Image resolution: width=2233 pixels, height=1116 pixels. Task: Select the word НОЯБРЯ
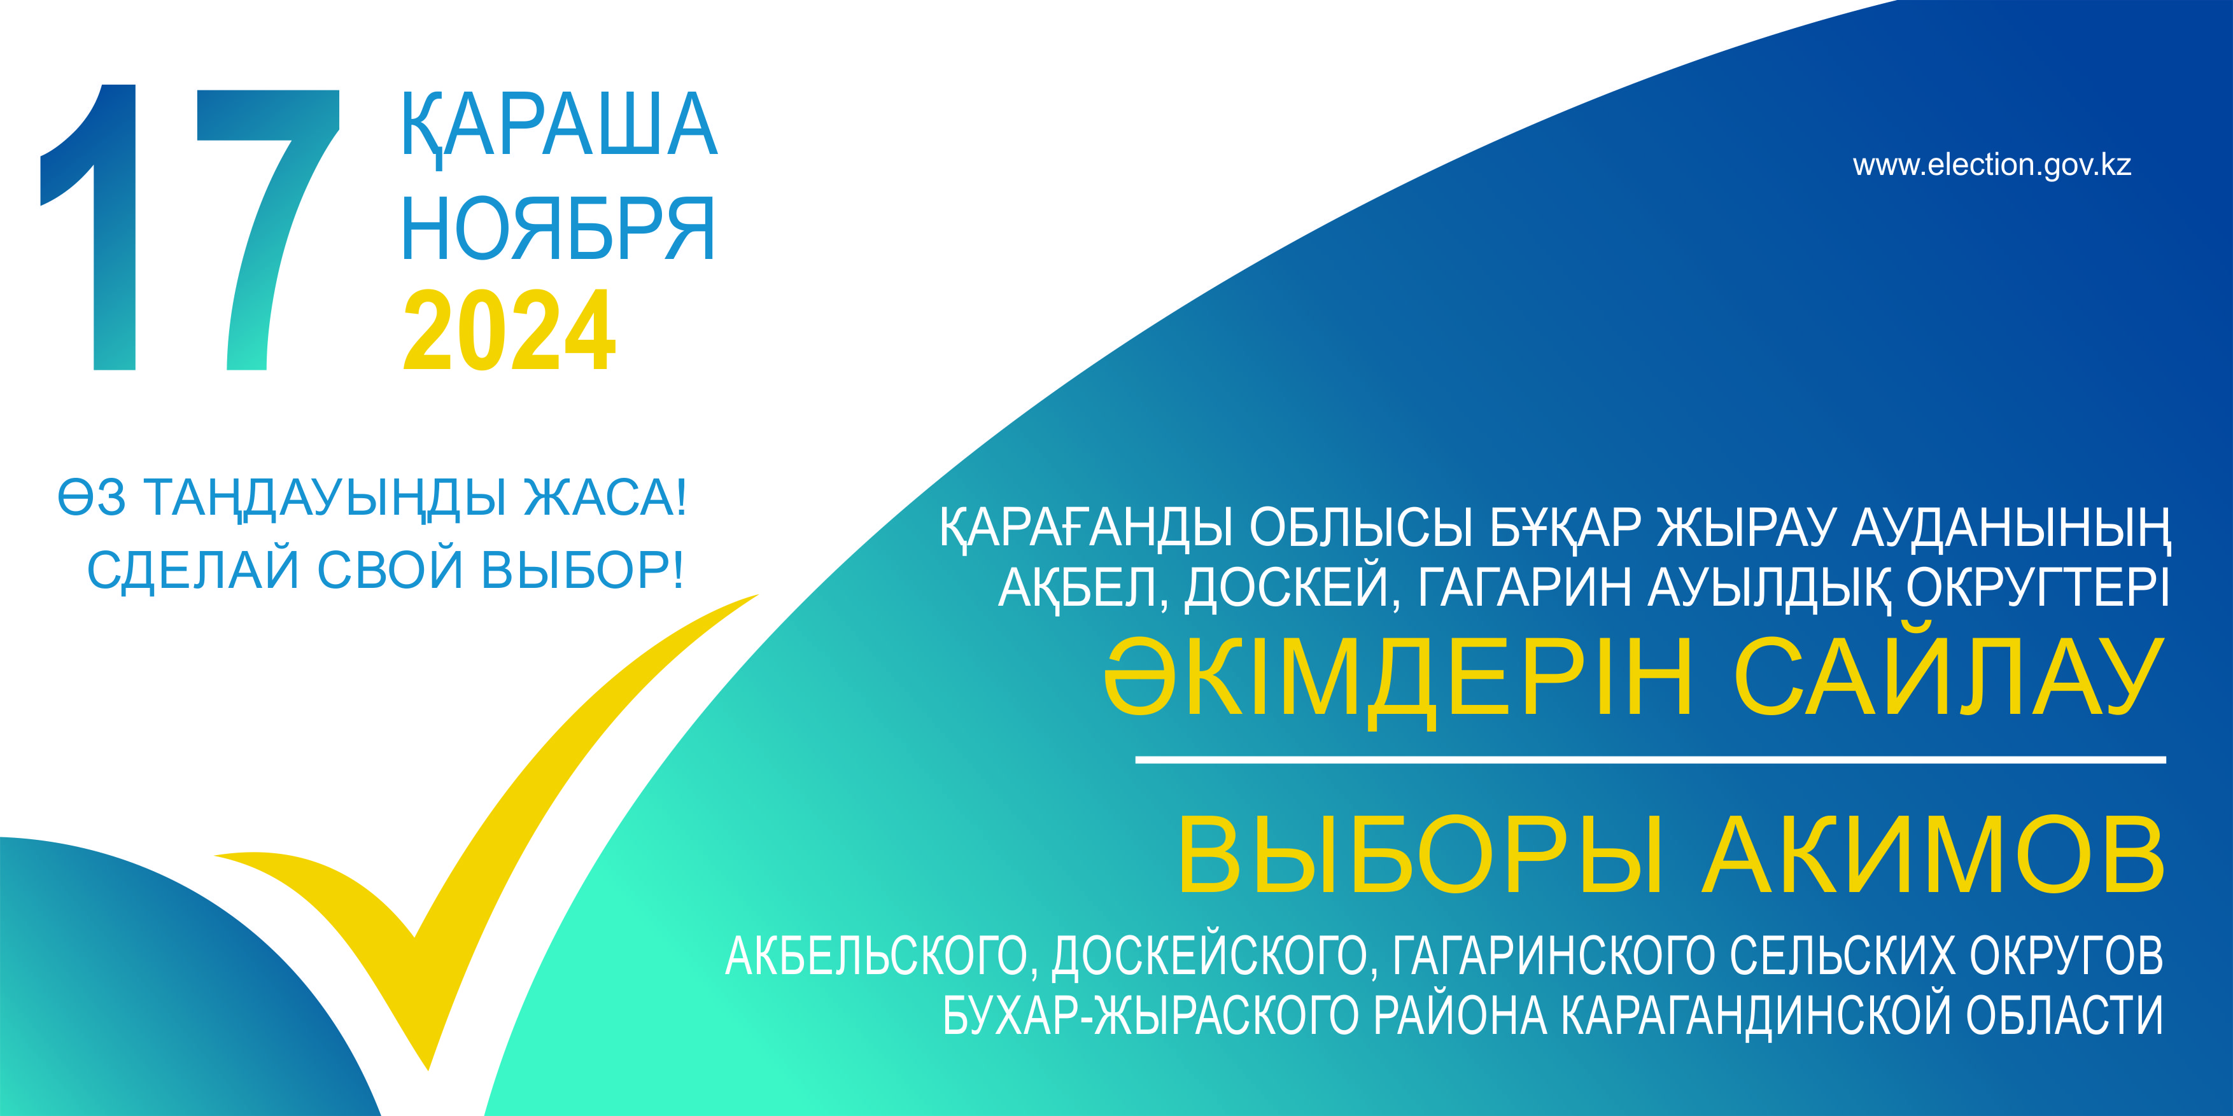click(558, 229)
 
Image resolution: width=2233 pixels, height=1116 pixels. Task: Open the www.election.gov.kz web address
click(1992, 165)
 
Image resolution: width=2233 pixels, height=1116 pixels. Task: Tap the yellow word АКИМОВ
click(1934, 854)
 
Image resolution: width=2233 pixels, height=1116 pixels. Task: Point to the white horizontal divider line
click(1651, 760)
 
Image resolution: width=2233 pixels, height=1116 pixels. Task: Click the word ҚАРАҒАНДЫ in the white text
click(1085, 527)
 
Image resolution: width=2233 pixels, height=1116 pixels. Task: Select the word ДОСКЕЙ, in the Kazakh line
click(1292, 587)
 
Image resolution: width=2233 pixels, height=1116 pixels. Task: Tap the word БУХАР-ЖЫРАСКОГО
click(1150, 1015)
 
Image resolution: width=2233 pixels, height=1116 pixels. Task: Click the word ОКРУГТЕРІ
click(2037, 587)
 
